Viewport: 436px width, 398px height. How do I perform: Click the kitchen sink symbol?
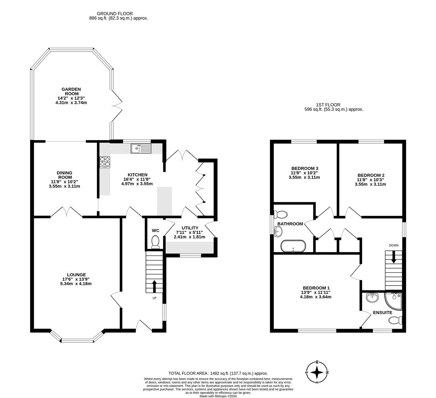click(141, 149)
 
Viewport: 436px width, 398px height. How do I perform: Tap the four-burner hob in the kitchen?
click(105, 162)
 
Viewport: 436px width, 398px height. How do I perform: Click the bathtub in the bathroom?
click(293, 246)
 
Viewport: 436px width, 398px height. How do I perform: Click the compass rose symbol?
click(317, 373)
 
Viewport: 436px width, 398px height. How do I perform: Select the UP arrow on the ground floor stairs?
click(154, 286)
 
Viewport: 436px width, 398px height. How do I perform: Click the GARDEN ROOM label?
click(71, 91)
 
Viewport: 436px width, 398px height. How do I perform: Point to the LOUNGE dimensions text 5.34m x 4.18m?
click(76, 284)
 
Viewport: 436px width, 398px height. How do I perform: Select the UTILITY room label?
click(190, 228)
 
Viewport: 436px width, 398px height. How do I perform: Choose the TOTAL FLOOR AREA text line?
click(218, 373)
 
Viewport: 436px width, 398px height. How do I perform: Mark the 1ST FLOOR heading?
click(328, 105)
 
